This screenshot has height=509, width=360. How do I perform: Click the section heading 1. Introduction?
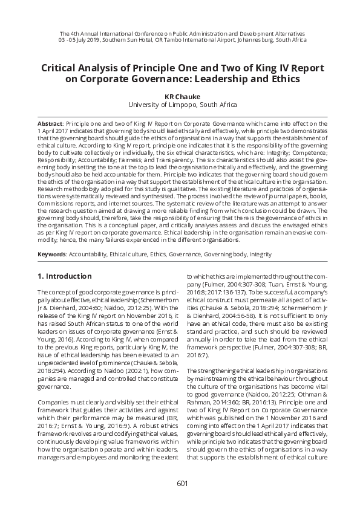(x=64, y=276)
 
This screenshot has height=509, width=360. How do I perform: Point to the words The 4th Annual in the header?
(x=79, y=33)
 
